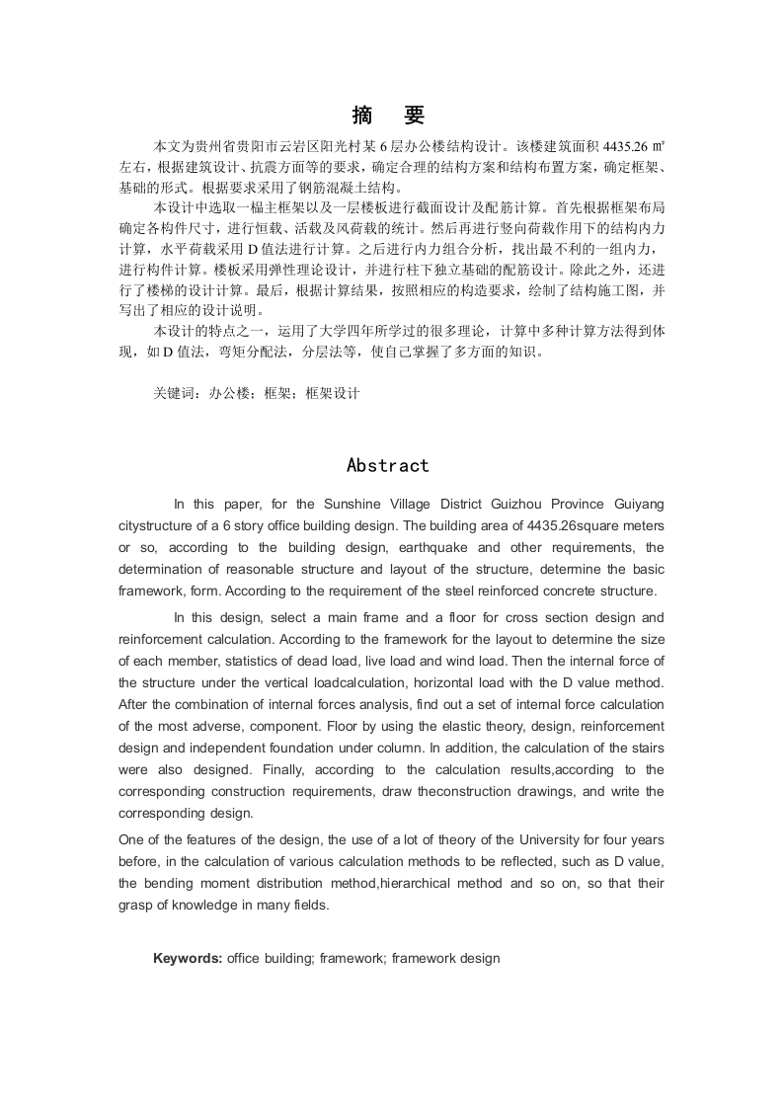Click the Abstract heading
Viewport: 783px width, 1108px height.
pyautogui.click(x=388, y=466)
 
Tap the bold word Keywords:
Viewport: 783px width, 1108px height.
pyautogui.click(x=188, y=958)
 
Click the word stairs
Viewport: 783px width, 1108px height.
pyautogui.click(x=645, y=748)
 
